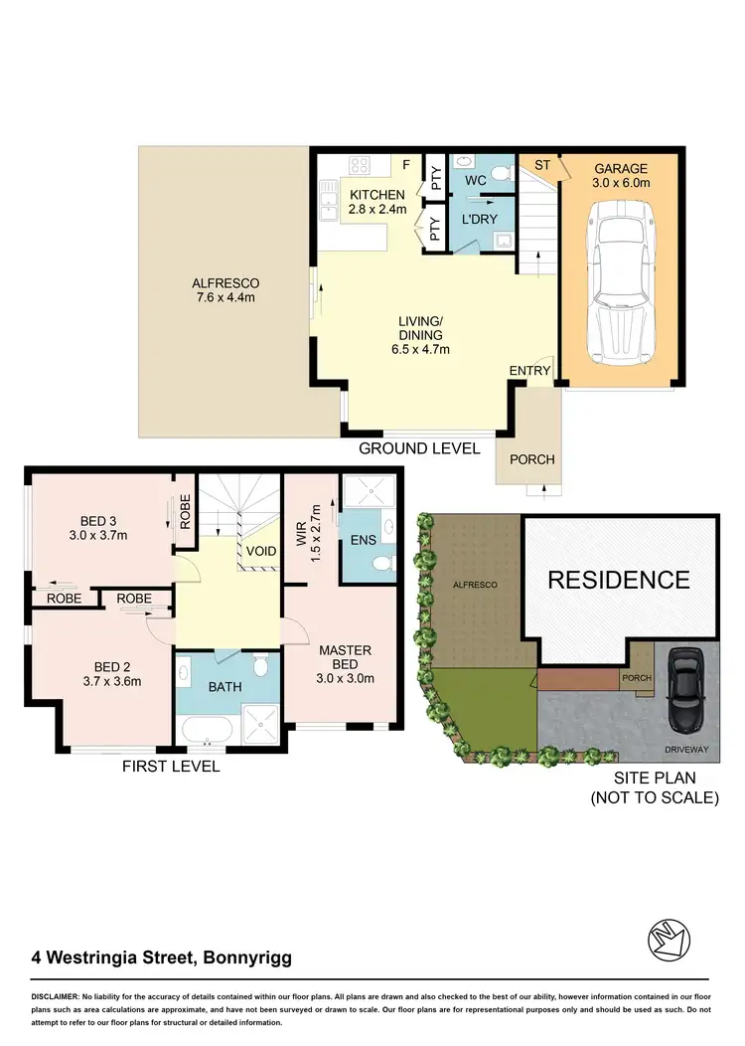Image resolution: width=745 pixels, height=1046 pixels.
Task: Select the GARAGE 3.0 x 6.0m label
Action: (620, 176)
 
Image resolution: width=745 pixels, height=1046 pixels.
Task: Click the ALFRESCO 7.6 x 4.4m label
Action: (225, 289)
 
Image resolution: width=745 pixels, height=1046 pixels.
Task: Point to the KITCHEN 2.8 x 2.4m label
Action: (376, 202)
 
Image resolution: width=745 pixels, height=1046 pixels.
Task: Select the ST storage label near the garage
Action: (542, 164)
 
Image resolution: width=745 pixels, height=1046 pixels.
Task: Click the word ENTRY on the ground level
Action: (529, 371)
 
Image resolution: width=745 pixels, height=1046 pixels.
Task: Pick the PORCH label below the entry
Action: (531, 459)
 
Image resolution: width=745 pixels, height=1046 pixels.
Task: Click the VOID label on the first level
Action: (260, 550)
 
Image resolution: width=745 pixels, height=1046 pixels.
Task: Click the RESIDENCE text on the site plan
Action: (618, 580)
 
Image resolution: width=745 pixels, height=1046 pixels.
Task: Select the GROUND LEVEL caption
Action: (419, 448)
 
